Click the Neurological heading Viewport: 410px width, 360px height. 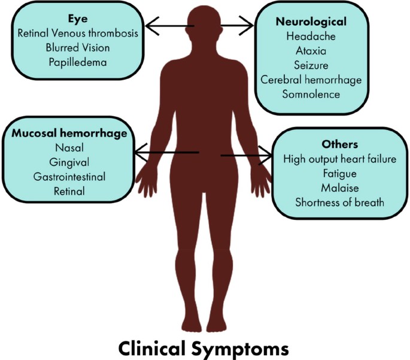click(x=311, y=22)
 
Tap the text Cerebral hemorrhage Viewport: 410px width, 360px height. click(x=311, y=80)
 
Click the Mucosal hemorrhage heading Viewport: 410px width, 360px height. click(x=69, y=134)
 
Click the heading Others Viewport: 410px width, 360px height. click(x=339, y=144)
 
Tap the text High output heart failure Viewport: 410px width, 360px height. click(x=339, y=159)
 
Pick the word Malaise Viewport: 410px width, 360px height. click(x=339, y=187)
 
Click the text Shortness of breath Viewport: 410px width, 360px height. click(x=339, y=202)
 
